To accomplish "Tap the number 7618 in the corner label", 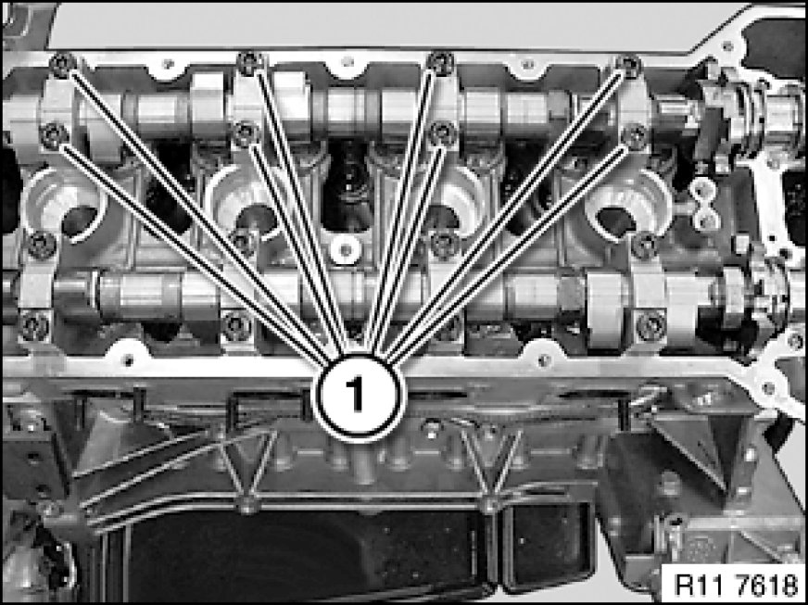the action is click(x=767, y=585).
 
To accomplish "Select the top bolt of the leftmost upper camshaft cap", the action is click(x=63, y=65).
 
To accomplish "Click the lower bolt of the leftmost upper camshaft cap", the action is click(x=54, y=135).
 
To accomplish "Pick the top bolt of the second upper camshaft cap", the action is click(x=251, y=63).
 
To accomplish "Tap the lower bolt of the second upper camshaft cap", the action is click(x=246, y=134).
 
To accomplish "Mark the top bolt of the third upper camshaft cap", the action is click(x=440, y=63).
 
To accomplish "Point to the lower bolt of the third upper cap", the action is click(x=443, y=133).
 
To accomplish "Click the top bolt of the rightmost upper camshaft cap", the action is click(x=629, y=66).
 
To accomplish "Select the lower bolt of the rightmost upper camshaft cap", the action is click(x=635, y=136).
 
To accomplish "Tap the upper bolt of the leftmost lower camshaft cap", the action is click(x=41, y=246).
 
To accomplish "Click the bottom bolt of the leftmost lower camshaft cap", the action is click(x=34, y=326).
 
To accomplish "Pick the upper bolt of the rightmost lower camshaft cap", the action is click(x=644, y=246).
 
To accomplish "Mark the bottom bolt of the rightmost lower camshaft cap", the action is click(x=650, y=326).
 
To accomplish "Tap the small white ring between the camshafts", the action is click(x=346, y=250).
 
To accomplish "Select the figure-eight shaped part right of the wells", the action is click(x=705, y=204).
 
